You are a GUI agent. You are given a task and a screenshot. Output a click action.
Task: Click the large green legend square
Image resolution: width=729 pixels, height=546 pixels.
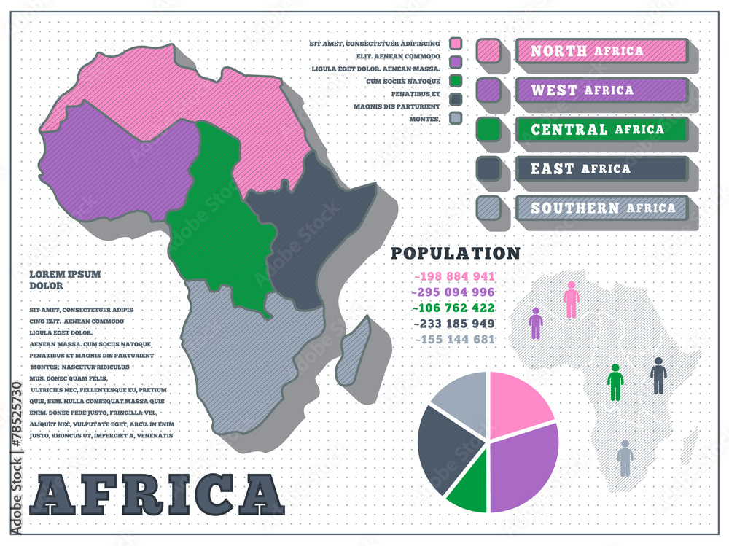488,129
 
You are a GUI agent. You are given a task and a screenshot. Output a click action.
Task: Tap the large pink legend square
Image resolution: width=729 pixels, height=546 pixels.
488,50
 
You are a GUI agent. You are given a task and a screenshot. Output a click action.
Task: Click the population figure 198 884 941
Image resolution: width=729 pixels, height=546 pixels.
455,276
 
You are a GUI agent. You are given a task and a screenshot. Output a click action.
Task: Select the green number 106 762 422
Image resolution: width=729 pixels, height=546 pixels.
455,308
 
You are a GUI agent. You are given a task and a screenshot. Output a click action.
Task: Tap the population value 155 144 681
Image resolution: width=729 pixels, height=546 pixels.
455,339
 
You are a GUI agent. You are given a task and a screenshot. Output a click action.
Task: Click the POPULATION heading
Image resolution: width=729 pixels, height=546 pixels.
456,253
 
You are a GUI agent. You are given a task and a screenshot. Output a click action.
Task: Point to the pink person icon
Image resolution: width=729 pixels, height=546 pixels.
572,300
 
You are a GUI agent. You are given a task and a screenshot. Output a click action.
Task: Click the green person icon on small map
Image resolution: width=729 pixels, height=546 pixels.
615,382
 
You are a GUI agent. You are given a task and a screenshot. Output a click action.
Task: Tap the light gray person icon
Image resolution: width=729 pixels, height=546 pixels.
625,458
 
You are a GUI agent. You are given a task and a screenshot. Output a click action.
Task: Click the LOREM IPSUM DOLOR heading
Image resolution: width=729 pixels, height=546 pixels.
65,280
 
